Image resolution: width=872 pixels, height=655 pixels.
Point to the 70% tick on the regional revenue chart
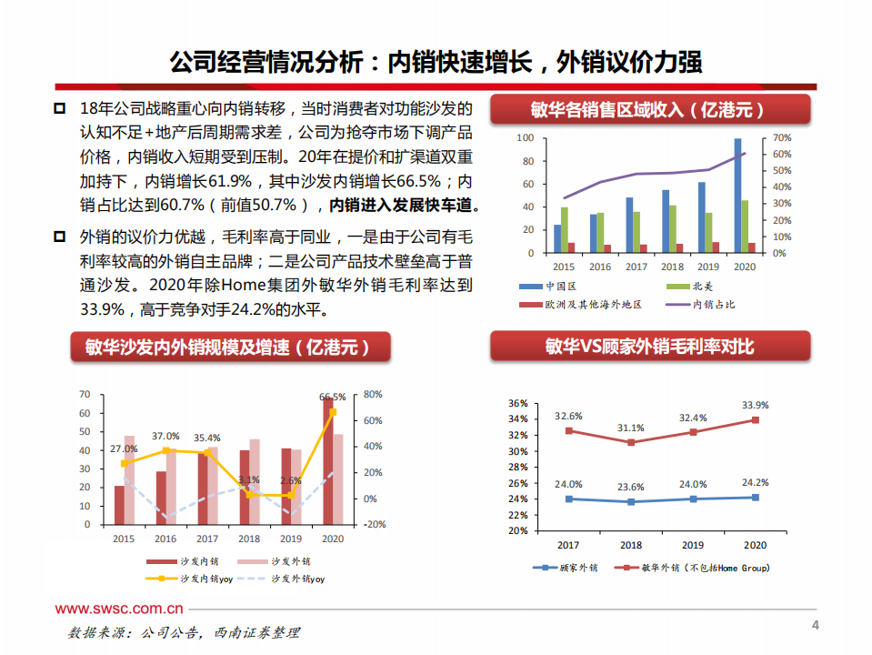click(782, 138)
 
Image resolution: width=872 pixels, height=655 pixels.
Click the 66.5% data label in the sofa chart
click(333, 397)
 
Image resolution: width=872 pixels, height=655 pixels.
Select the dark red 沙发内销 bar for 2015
click(119, 505)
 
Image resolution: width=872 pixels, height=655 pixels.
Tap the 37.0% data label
click(165, 437)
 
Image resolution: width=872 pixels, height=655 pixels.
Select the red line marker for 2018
click(631, 442)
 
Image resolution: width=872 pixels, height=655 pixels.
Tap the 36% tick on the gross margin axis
click(517, 403)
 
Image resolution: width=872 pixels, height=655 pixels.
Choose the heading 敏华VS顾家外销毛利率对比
click(649, 347)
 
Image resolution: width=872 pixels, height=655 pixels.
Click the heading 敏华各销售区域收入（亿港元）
click(649, 110)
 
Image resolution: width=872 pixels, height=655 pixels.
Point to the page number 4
click(815, 626)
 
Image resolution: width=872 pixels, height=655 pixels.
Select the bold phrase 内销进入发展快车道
click(404, 205)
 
